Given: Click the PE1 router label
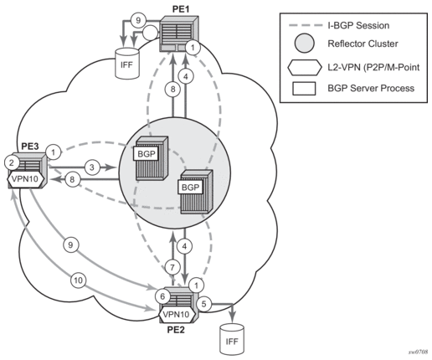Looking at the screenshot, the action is tap(181, 8).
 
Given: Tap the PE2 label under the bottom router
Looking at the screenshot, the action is tap(176, 330).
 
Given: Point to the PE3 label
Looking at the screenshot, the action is tap(30, 147).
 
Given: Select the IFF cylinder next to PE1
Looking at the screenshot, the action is tap(127, 64).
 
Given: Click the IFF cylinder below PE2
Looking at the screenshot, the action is tap(232, 339).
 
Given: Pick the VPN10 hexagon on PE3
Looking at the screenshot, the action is tap(26, 178).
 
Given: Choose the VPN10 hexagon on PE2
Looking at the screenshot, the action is tap(177, 315).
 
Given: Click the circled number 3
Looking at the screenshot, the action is tap(92, 167).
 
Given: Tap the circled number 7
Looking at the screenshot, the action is tap(172, 268).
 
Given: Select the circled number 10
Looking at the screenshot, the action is tap(79, 280).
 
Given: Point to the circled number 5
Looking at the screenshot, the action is tap(204, 304).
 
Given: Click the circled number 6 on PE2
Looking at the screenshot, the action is tap(162, 296).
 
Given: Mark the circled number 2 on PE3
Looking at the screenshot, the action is tap(12, 162).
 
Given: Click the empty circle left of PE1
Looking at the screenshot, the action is tap(150, 33).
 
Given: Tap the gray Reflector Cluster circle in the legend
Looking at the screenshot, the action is tap(304, 43).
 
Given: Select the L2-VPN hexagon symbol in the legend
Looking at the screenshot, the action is tap(304, 67).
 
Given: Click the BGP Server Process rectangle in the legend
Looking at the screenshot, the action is tap(304, 89).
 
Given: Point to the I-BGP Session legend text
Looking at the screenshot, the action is tap(358, 25).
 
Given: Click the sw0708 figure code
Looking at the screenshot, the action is tap(419, 352).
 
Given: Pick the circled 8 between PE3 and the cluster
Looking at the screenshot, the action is tap(72, 179).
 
